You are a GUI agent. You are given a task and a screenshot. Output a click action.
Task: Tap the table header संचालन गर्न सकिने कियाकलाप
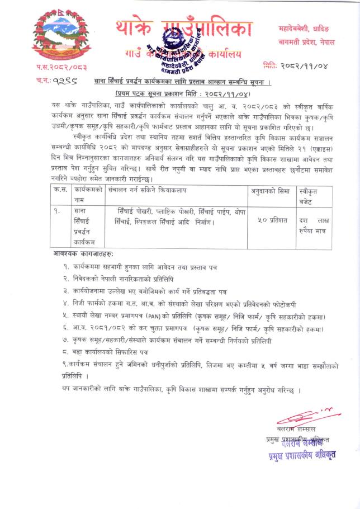tap(147, 191)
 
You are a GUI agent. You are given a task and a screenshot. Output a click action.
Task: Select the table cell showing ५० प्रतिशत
tap(270, 220)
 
